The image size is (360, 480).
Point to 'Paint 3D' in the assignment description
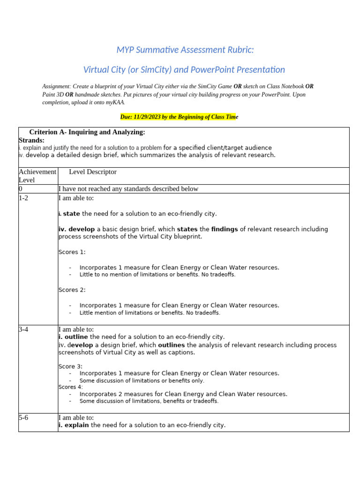click(53, 94)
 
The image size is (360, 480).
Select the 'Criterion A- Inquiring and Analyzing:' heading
click(87, 132)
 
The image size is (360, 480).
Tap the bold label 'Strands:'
click(31, 140)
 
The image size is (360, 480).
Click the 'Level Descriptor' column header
click(93, 172)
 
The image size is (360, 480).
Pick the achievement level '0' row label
click(21, 189)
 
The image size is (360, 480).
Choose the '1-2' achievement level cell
click(24, 198)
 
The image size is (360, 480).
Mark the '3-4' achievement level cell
click(24, 330)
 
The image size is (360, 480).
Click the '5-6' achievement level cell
click(24, 418)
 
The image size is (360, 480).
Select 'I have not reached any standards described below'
click(128, 189)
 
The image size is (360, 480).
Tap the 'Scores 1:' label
click(72, 252)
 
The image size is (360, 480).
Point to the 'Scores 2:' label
click(72, 290)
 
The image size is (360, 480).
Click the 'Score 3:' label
click(70, 366)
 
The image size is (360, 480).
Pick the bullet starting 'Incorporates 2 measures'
click(183, 394)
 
